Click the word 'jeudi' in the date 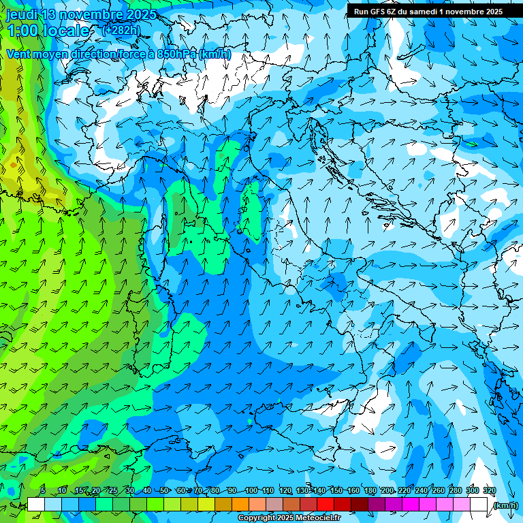(22, 14)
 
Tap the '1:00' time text (23, 31)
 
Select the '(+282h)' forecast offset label (123, 30)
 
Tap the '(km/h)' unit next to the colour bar (505, 505)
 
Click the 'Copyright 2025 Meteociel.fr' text (289, 518)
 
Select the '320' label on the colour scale (490, 491)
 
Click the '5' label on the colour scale (43, 491)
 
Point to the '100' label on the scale (251, 491)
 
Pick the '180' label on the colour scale (370, 491)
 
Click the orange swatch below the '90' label (240, 505)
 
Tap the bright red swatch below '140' (326, 505)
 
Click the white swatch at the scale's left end (36, 505)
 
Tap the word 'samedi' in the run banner (426, 12)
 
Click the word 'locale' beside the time (68, 31)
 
